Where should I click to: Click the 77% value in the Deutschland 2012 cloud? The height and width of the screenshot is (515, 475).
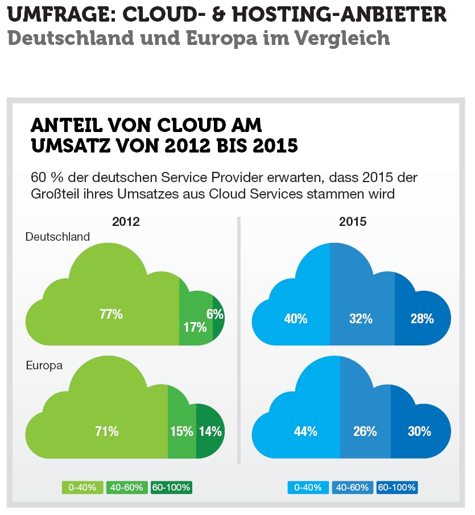tap(111, 314)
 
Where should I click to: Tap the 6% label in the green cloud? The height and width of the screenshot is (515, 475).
tap(214, 314)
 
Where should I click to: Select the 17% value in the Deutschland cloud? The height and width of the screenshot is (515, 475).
tap(195, 327)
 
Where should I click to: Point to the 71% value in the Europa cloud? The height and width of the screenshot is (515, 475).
tap(107, 431)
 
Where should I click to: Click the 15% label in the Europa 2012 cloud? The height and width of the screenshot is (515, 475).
tap(181, 431)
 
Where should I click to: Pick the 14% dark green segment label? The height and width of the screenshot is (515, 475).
tap(210, 431)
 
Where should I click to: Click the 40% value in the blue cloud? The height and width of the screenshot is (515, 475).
tap(296, 319)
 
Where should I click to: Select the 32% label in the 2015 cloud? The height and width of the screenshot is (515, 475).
tap(361, 319)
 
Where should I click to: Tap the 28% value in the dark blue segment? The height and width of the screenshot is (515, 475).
tap(422, 319)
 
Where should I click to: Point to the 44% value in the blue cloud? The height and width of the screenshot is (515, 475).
tap(305, 431)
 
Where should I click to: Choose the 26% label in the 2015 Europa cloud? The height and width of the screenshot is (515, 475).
tap(365, 431)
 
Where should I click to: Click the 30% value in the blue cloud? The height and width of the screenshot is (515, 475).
tap(419, 431)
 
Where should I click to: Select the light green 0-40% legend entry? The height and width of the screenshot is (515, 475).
tap(83, 488)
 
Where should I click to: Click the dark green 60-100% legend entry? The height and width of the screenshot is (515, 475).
tap(172, 488)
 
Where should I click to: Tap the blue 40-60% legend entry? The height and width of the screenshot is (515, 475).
tap(353, 488)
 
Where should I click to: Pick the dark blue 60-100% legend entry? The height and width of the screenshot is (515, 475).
tap(397, 488)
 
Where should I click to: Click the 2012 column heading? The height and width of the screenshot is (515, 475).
tap(126, 222)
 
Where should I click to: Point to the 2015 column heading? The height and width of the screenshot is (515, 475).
tap(353, 222)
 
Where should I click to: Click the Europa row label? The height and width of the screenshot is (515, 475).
tap(44, 365)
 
